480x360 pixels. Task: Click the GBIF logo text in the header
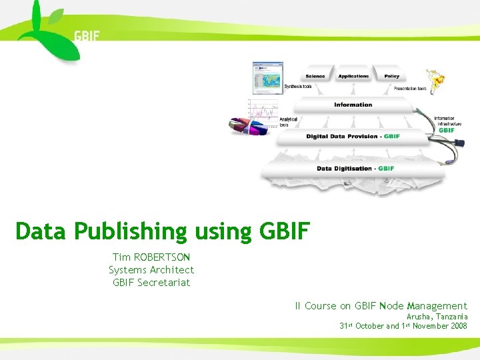[87, 35]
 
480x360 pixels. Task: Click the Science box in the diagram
[315, 76]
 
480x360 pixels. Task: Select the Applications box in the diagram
[353, 76]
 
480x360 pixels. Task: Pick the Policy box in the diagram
[392, 76]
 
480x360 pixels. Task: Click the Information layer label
[353, 105]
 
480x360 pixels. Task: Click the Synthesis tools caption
[298, 87]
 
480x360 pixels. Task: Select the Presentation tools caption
[410, 88]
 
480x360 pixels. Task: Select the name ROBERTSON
[162, 257]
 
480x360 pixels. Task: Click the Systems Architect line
[151, 269]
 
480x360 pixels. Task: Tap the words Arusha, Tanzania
[437, 317]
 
